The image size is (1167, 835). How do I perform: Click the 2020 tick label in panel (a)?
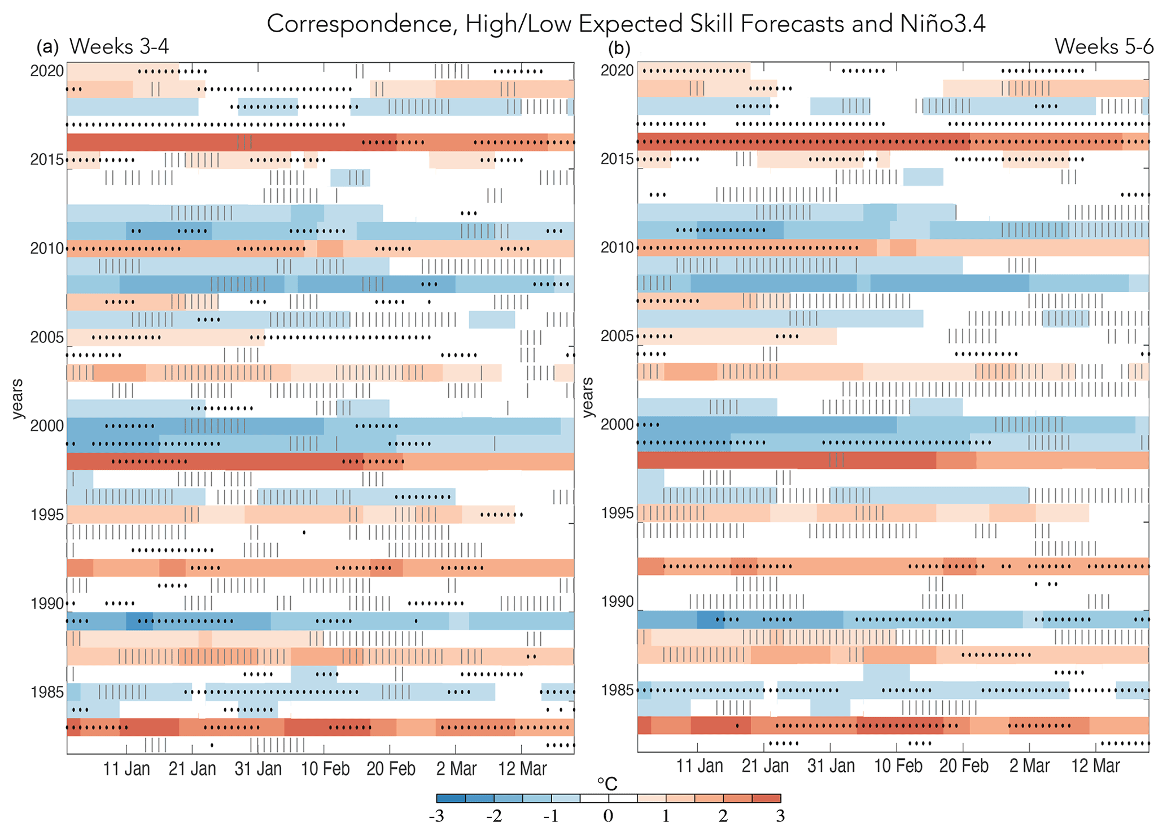click(x=47, y=71)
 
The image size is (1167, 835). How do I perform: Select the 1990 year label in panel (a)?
click(x=47, y=603)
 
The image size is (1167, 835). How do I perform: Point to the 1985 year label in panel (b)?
click(x=617, y=690)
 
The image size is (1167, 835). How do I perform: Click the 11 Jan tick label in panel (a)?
click(x=126, y=769)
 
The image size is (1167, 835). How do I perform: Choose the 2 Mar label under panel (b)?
click(x=1029, y=766)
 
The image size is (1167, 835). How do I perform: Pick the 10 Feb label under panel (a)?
click(x=325, y=769)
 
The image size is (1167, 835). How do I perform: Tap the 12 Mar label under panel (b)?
click(x=1095, y=766)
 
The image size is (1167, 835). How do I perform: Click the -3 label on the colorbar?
click(x=436, y=816)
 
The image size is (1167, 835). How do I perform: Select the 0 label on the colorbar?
click(x=608, y=816)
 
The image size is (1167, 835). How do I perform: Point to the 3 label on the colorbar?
click(x=780, y=816)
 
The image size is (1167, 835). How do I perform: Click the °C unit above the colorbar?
click(x=607, y=784)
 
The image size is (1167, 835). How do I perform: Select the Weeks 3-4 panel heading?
click(x=119, y=46)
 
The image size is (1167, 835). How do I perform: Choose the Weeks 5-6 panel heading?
click(x=1104, y=46)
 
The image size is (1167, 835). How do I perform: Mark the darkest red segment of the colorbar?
click(x=766, y=798)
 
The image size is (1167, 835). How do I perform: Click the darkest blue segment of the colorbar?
click(x=451, y=798)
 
